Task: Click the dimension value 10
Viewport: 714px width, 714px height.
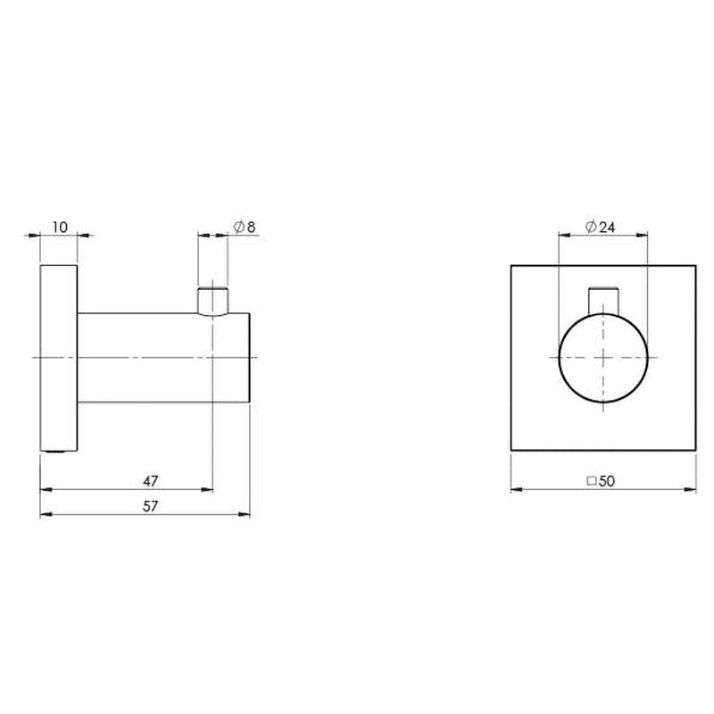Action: click(60, 227)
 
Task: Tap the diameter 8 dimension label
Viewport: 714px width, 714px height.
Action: click(245, 227)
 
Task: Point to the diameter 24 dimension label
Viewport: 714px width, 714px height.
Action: click(601, 227)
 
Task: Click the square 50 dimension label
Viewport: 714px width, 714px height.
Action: click(602, 481)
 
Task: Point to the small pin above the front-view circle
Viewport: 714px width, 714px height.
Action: click(603, 299)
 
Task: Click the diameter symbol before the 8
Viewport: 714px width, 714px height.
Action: click(238, 227)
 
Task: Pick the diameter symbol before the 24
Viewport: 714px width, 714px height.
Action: click(591, 227)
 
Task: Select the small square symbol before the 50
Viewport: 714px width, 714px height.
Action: click(591, 481)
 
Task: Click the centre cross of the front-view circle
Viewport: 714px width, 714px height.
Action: click(603, 358)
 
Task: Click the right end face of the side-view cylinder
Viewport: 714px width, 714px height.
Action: click(256, 358)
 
